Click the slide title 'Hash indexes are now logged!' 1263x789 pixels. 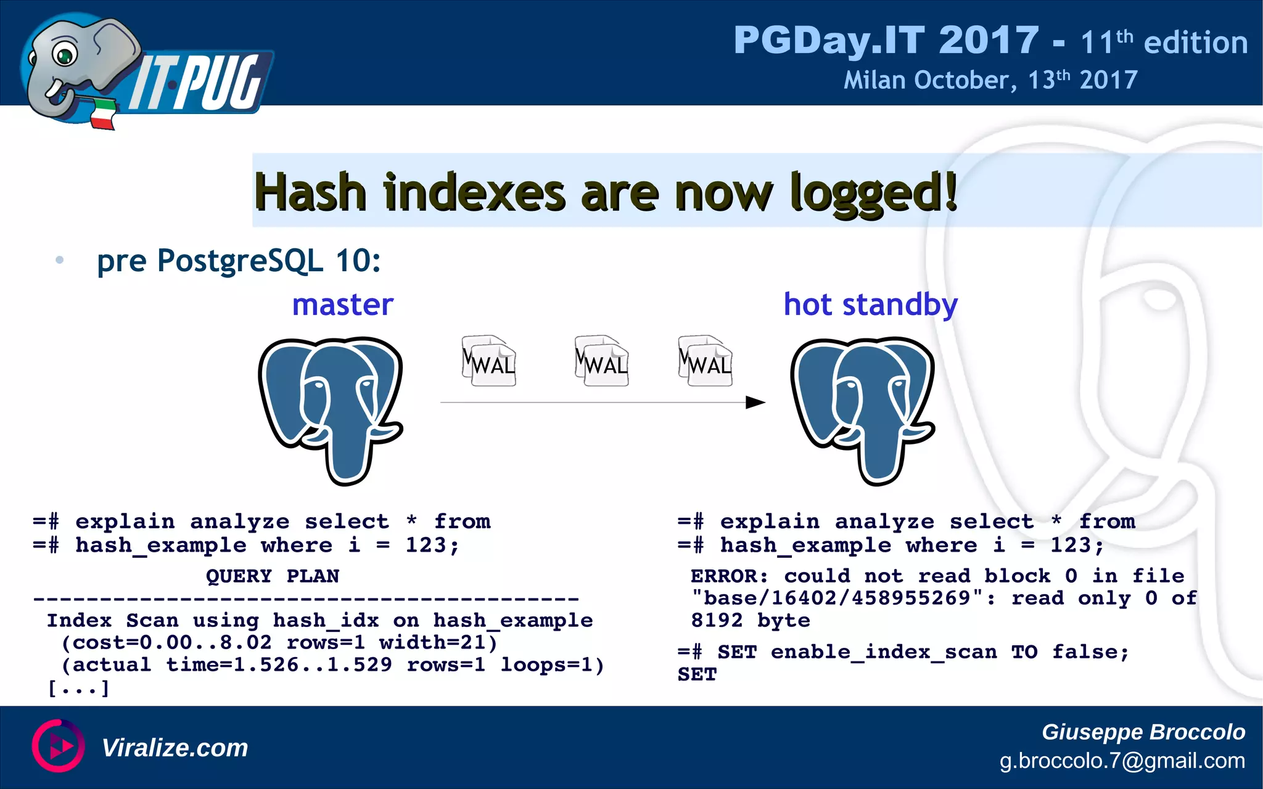pyautogui.click(x=606, y=192)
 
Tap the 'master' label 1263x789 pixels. pyautogui.click(x=343, y=305)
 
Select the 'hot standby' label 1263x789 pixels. pyautogui.click(x=870, y=305)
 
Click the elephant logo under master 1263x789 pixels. pyautogui.click(x=331, y=409)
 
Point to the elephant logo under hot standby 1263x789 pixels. pyautogui.click(x=863, y=409)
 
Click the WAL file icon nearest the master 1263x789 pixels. pyautogui.click(x=489, y=361)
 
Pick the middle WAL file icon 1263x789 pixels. pyautogui.click(x=601, y=361)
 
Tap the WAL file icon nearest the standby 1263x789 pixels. pyautogui.click(x=705, y=361)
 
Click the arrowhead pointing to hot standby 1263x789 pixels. pyautogui.click(x=755, y=403)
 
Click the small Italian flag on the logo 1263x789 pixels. pyautogui.click(x=103, y=113)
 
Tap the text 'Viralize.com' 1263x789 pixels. pyautogui.click(x=175, y=748)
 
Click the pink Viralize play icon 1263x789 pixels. pyautogui.click(x=58, y=746)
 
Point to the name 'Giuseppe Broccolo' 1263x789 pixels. pyautogui.click(x=1143, y=732)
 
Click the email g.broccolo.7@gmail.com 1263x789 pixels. pyautogui.click(x=1122, y=761)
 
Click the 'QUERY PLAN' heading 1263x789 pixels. pyautogui.click(x=273, y=576)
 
